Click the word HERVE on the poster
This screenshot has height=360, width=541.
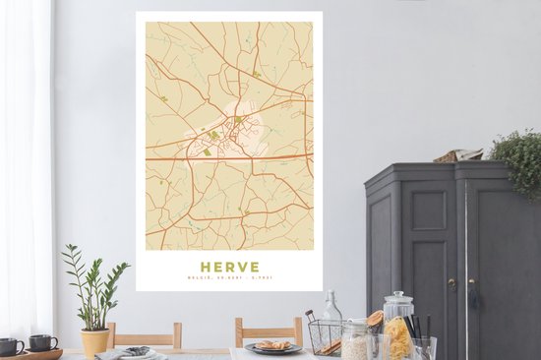(x=230, y=267)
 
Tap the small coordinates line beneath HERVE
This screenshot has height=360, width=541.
(x=230, y=279)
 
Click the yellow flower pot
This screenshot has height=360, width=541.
(x=95, y=341)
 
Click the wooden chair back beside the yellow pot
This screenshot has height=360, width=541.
(x=144, y=333)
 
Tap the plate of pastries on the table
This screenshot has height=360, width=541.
(x=272, y=345)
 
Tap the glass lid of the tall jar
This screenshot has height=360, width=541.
(x=397, y=298)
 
